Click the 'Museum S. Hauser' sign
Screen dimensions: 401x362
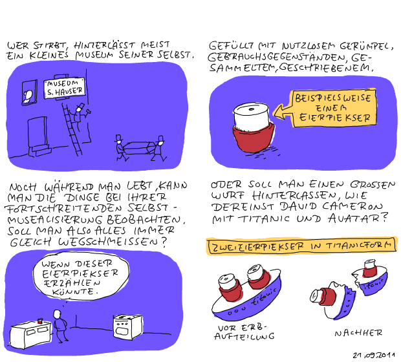point(65,88)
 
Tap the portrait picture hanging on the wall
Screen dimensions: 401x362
point(29,92)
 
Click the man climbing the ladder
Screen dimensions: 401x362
point(80,116)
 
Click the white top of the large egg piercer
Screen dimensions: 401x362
point(252,116)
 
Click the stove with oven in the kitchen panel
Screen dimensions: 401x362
point(128,326)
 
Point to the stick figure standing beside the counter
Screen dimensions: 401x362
point(60,326)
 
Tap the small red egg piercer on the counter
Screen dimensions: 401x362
point(40,321)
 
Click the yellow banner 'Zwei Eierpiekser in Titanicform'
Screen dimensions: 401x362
point(302,246)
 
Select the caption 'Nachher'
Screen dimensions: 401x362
point(358,333)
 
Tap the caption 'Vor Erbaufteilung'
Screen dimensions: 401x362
point(244,332)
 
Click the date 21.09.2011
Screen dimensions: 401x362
point(373,355)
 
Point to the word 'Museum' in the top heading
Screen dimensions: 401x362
point(94,54)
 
